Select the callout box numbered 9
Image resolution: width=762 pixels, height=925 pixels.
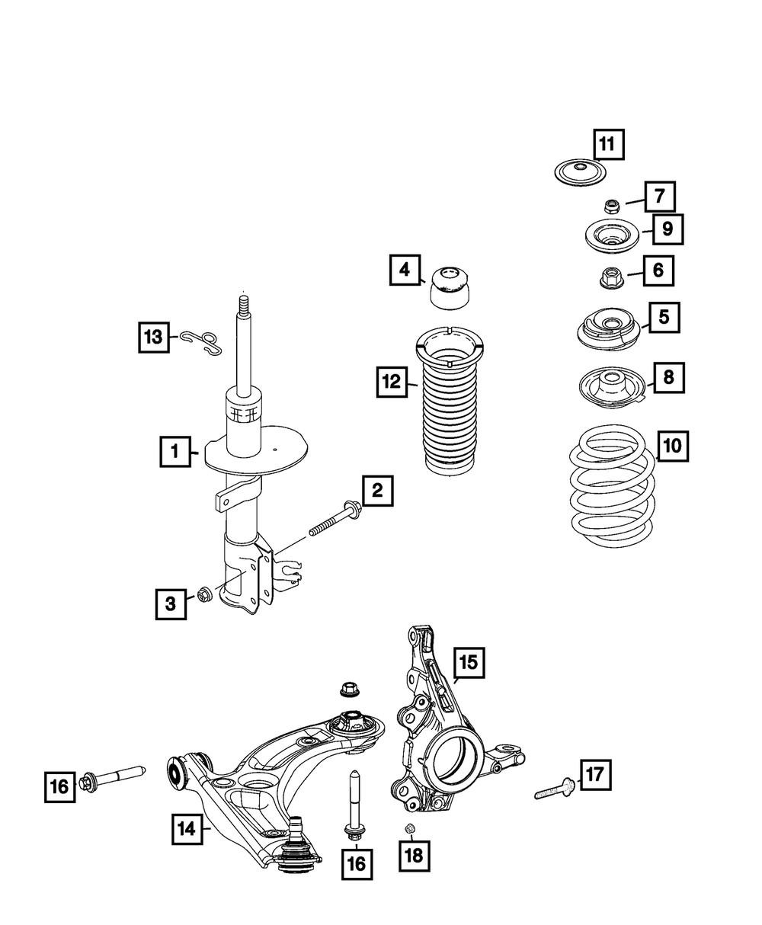(x=667, y=227)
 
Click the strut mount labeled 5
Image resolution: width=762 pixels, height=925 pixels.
(x=609, y=330)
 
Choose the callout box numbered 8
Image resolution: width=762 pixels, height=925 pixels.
(x=668, y=376)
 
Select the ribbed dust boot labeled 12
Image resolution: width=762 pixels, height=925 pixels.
(x=450, y=403)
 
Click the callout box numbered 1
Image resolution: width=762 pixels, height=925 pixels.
(x=174, y=453)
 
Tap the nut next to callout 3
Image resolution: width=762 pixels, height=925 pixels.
(x=203, y=594)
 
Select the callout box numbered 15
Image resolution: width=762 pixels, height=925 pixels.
(x=468, y=663)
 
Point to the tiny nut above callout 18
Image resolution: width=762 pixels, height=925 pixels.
(x=408, y=829)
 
